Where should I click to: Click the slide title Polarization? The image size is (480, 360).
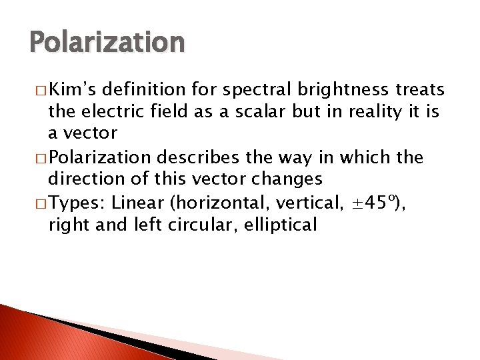(x=107, y=42)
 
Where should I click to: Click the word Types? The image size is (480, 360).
(x=77, y=203)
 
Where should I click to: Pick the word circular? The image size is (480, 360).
(x=193, y=225)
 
